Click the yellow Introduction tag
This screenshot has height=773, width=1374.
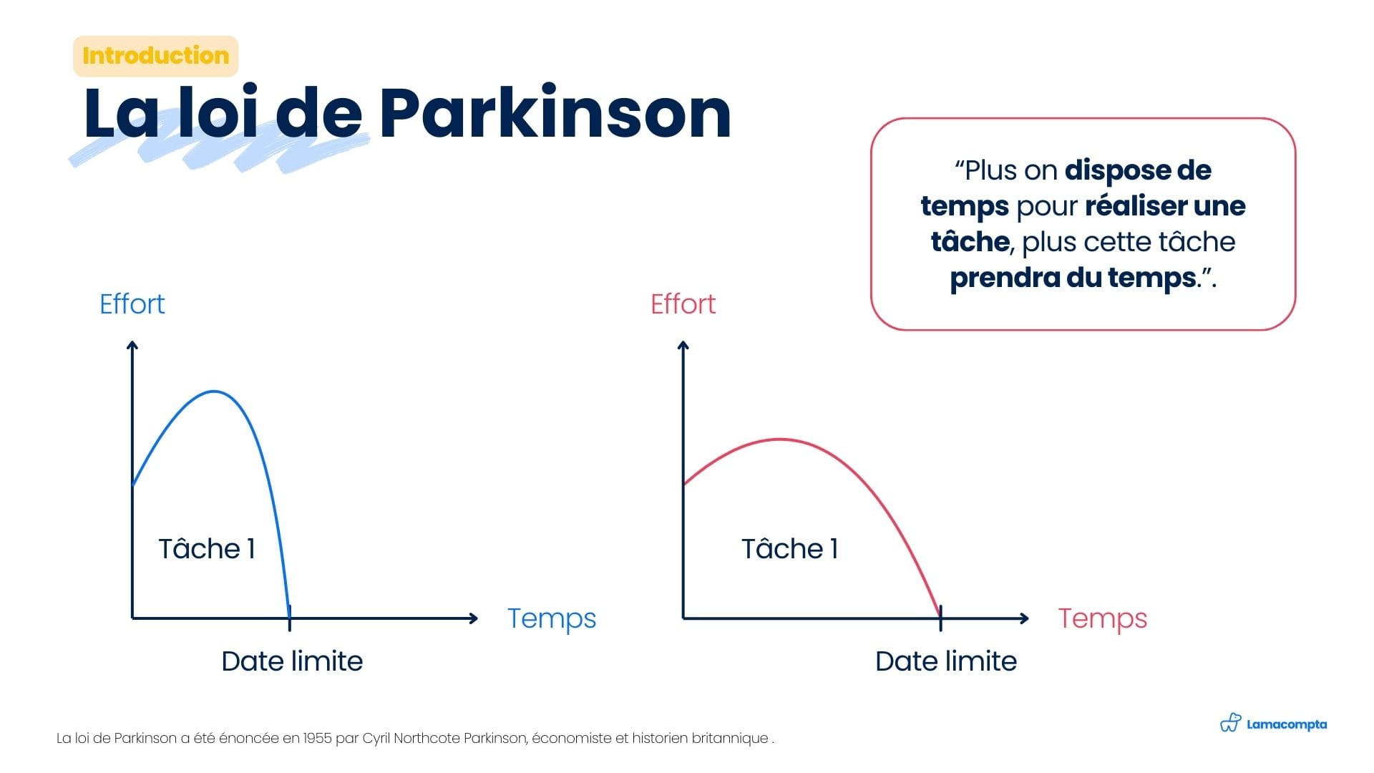pyautogui.click(x=155, y=56)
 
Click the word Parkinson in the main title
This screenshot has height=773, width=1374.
pyautogui.click(x=555, y=113)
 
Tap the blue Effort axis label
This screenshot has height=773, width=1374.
pyautogui.click(x=132, y=304)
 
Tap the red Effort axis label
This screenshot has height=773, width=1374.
pyautogui.click(x=683, y=304)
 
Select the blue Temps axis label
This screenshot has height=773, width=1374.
pyautogui.click(x=552, y=619)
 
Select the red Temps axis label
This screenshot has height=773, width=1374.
pyautogui.click(x=1103, y=619)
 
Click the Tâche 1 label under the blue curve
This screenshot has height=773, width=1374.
pyautogui.click(x=207, y=549)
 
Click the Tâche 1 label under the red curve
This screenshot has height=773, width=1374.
pyautogui.click(x=790, y=549)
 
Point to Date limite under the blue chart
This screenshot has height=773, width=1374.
pyautogui.click(x=292, y=661)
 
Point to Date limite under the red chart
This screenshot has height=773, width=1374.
pyautogui.click(x=946, y=661)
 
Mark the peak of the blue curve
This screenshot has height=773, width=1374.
pyautogui.click(x=214, y=392)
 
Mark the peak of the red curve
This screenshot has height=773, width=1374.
pyautogui.click(x=780, y=439)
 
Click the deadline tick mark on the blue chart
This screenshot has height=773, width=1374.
pyautogui.click(x=289, y=618)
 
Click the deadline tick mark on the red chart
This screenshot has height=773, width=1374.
pyautogui.click(x=940, y=618)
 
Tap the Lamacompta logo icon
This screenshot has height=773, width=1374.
pyautogui.click(x=1230, y=723)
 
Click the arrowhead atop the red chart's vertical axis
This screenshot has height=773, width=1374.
pyautogui.click(x=683, y=346)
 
